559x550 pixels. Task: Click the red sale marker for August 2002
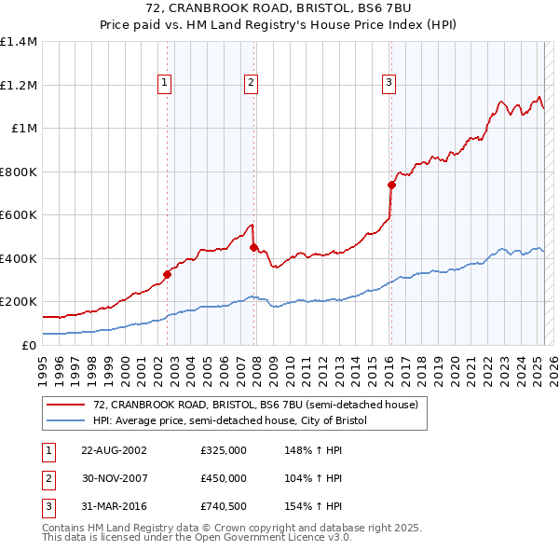click(x=168, y=274)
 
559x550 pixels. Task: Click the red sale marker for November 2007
click(x=254, y=247)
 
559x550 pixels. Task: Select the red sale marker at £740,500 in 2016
click(x=391, y=185)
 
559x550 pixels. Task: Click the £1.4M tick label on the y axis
click(x=19, y=42)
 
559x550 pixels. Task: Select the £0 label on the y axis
click(x=28, y=345)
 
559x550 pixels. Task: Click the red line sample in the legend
click(x=65, y=405)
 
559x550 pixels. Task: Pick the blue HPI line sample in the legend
click(x=65, y=421)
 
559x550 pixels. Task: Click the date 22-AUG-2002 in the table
click(x=114, y=450)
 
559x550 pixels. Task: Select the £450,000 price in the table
click(x=223, y=478)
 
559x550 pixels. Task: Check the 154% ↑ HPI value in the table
click(x=313, y=506)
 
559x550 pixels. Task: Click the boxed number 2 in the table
click(x=47, y=478)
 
